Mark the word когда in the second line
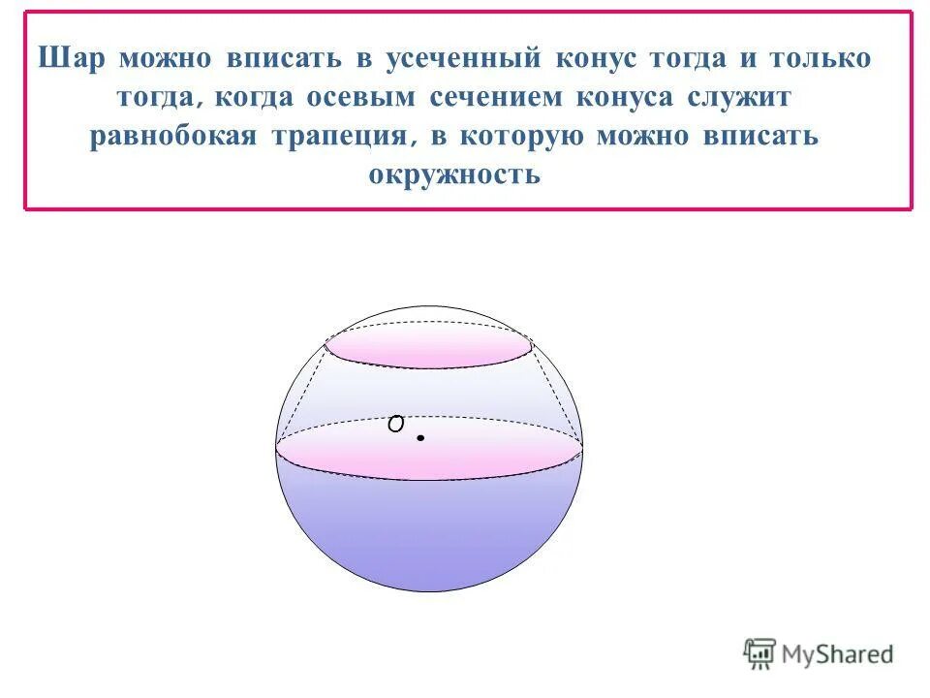254,97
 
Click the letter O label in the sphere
395,424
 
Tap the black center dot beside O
421,438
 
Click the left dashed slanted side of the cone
301,393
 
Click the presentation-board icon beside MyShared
759,654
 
